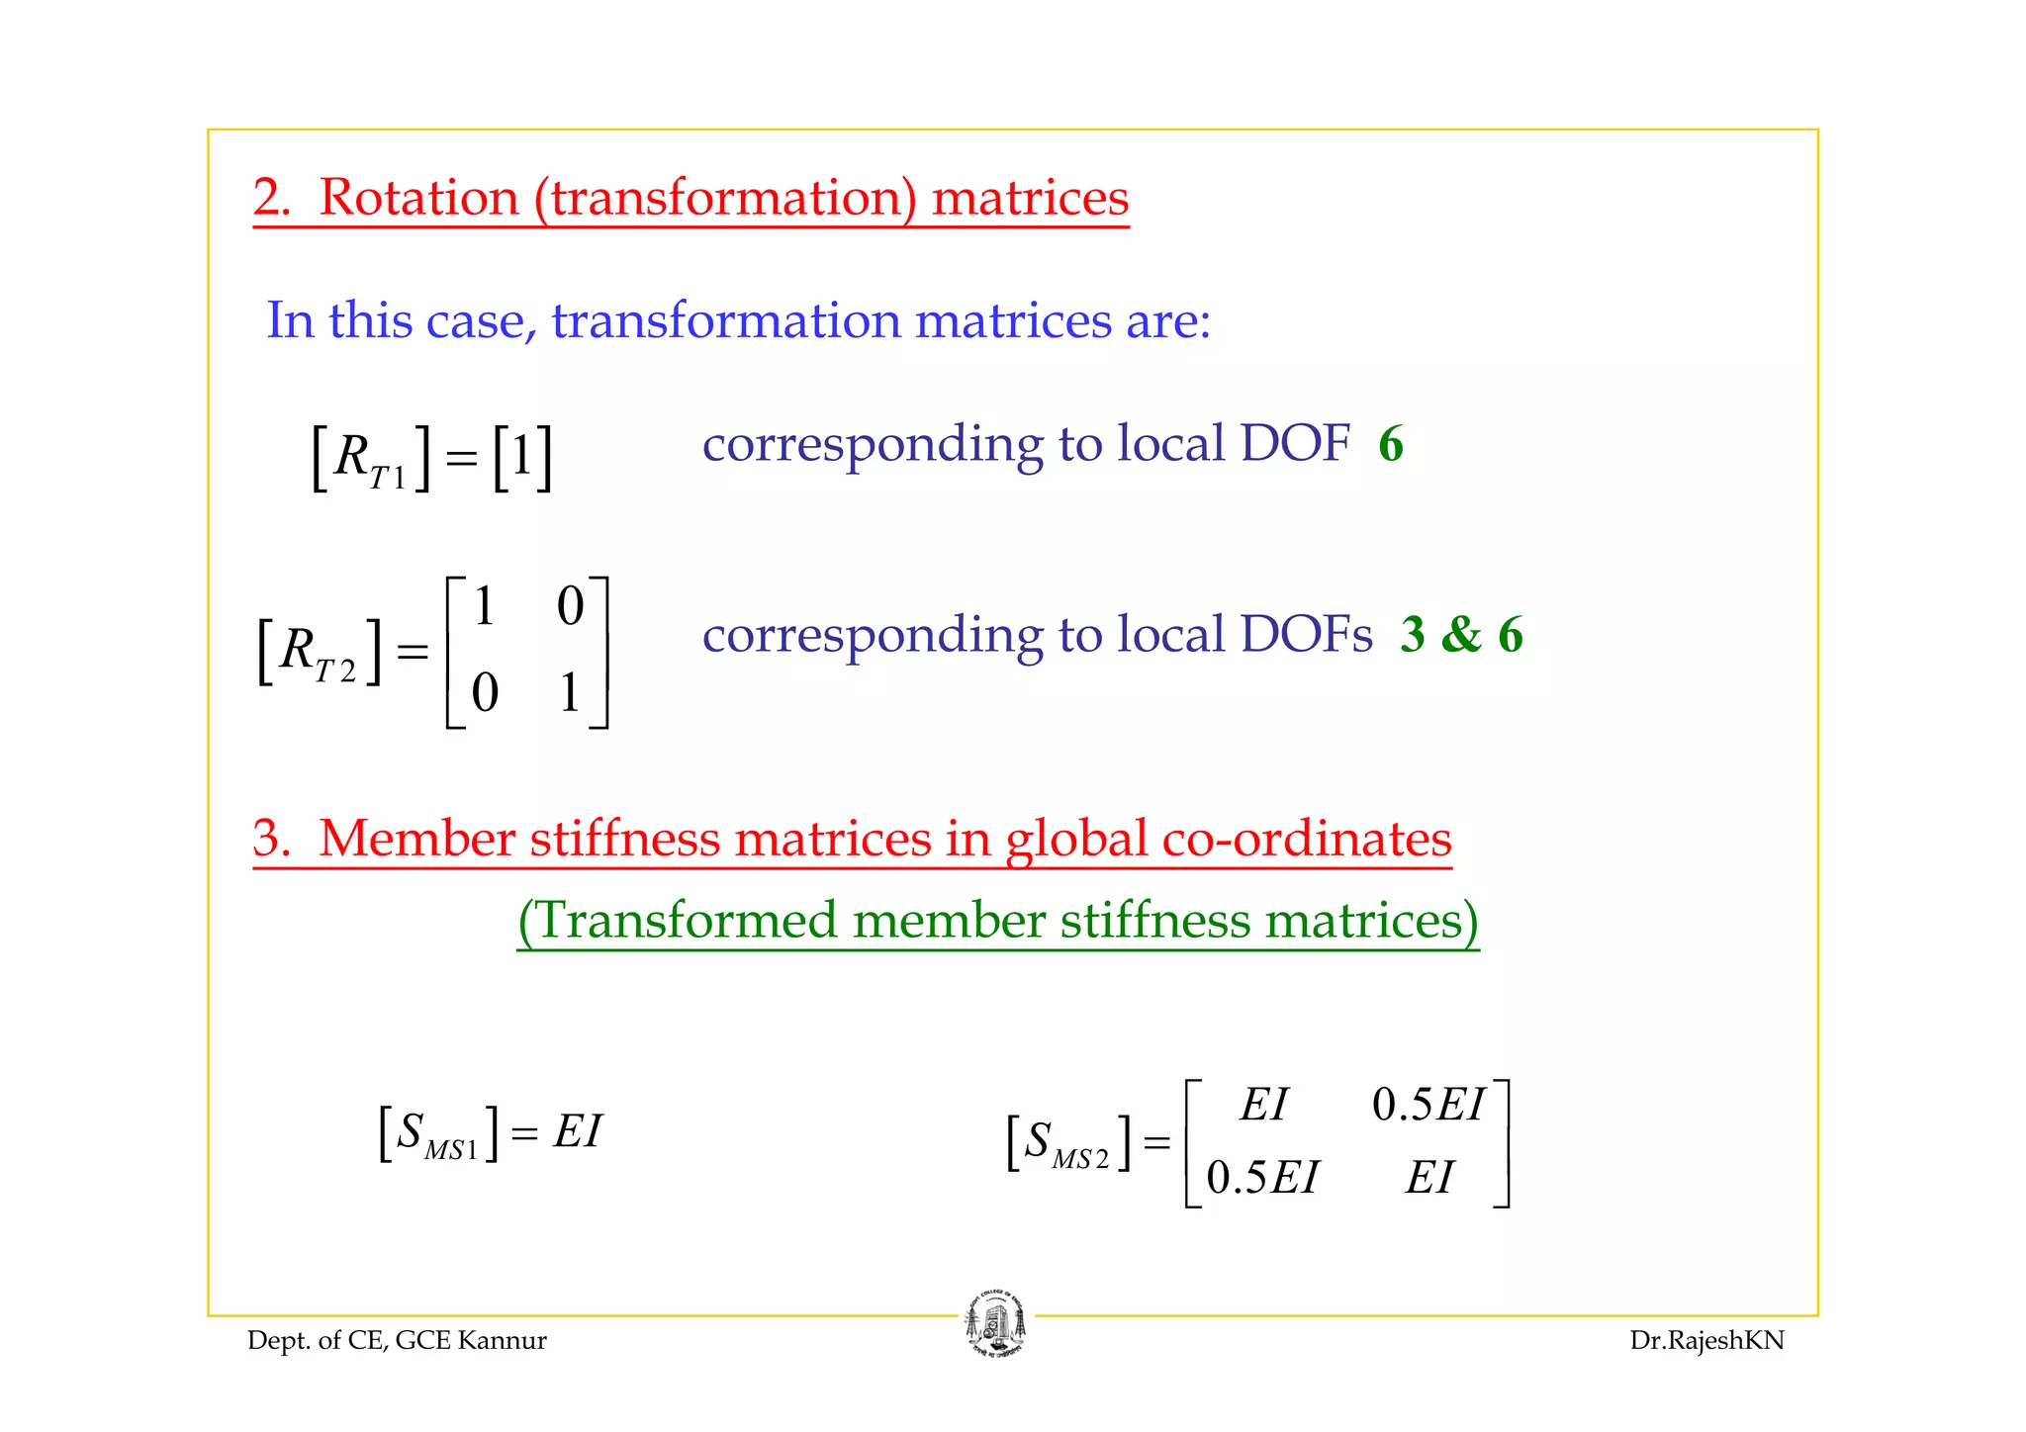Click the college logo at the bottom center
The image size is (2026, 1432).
coord(995,1324)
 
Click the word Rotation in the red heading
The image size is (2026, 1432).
coord(418,197)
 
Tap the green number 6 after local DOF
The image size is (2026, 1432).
coord(1390,444)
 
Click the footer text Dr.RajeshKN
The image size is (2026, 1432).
coord(1706,1340)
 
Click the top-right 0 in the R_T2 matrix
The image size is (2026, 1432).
coord(570,606)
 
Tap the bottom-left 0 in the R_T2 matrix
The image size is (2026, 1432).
coord(485,692)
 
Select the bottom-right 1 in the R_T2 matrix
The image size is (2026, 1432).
coord(570,692)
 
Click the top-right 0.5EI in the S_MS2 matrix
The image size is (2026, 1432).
coord(1428,1105)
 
